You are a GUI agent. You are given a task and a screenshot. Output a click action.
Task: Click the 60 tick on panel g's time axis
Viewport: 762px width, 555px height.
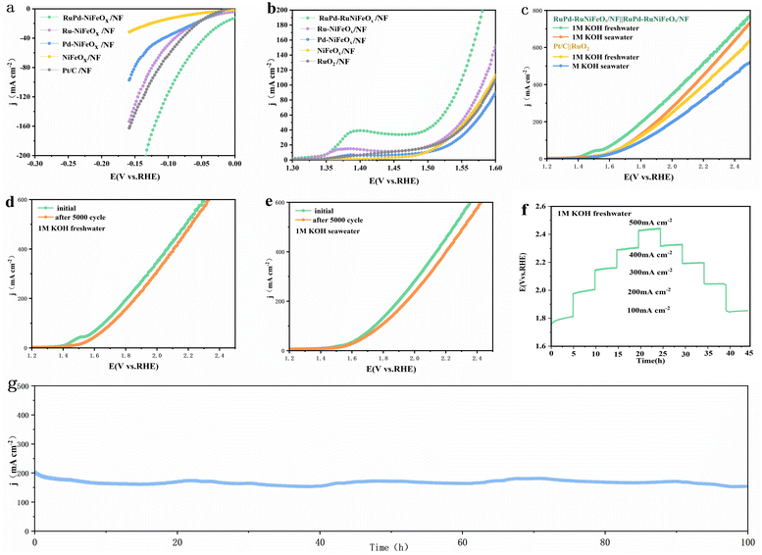(463, 541)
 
